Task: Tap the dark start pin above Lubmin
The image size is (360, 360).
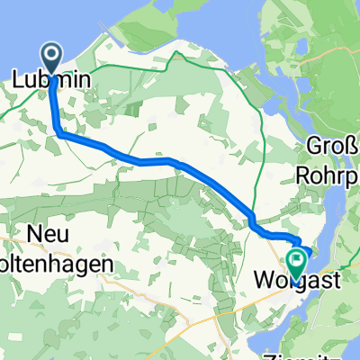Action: pyautogui.click(x=54, y=59)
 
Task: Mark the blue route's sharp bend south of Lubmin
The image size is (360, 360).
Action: pyautogui.click(x=58, y=132)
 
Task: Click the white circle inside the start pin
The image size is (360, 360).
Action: pyautogui.click(x=54, y=56)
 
